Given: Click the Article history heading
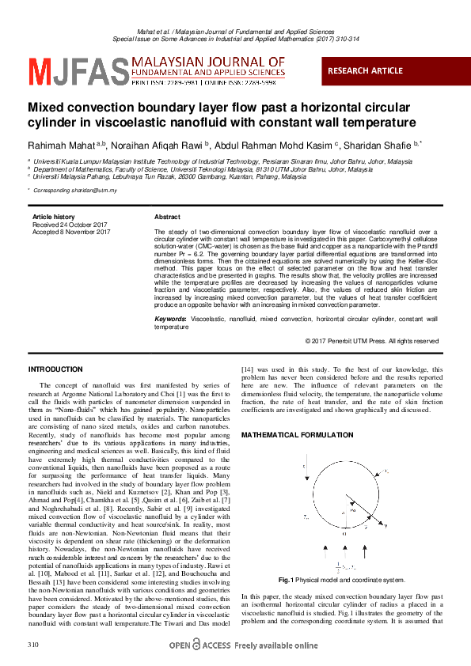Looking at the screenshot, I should [x=53, y=217].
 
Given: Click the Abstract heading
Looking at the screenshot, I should [x=167, y=217].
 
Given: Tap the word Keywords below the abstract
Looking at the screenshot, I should [x=170, y=318].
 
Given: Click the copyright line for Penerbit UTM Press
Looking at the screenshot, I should [x=371, y=341].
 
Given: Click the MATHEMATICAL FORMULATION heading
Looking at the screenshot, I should [x=291, y=436].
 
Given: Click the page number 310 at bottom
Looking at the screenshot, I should [x=33, y=646].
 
